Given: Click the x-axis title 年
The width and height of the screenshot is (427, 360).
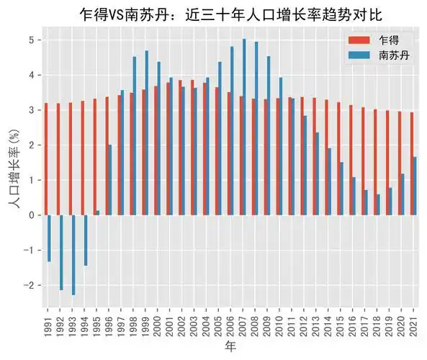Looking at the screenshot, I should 230,347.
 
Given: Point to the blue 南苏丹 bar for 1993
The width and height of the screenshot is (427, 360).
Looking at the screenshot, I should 73,255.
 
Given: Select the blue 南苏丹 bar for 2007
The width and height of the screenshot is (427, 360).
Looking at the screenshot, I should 244,127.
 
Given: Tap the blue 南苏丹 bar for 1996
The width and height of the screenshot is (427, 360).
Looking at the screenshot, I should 110,180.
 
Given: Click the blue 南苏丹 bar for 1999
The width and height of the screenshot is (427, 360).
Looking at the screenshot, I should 147,132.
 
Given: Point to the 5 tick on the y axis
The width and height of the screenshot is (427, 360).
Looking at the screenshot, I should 32,40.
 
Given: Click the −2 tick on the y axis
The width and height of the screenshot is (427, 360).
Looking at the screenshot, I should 30,285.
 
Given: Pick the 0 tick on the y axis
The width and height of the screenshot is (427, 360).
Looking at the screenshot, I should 32,215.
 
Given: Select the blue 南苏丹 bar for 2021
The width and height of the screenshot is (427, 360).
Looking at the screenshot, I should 415,186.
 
